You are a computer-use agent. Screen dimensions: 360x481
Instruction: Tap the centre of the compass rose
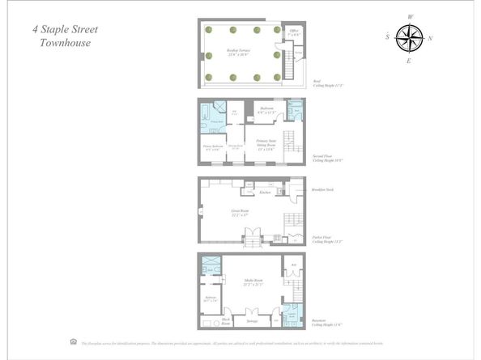click(x=410, y=38)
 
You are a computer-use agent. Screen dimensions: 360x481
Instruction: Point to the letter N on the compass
click(x=431, y=38)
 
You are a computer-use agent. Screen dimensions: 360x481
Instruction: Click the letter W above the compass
click(x=411, y=16)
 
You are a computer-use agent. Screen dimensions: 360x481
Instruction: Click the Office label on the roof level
click(x=294, y=34)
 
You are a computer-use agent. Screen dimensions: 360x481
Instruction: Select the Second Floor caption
click(x=325, y=159)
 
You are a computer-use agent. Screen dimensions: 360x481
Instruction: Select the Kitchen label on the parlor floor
click(x=264, y=193)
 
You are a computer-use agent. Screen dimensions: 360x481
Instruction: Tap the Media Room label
click(x=244, y=282)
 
